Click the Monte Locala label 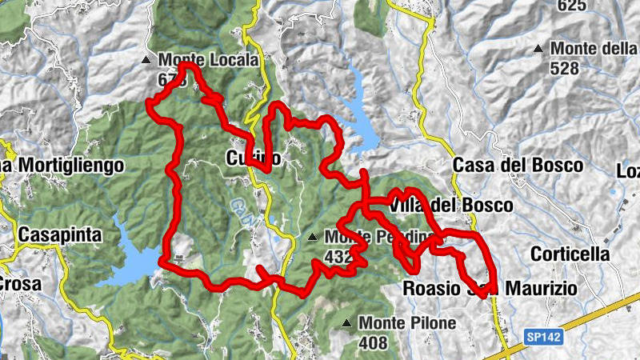208,60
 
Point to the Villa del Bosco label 453,206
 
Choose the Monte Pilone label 407,323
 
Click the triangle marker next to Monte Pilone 346,323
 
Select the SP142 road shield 545,338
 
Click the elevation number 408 373,343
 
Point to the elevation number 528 565,68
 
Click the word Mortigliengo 70,166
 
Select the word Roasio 433,287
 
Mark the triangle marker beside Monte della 538,49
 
